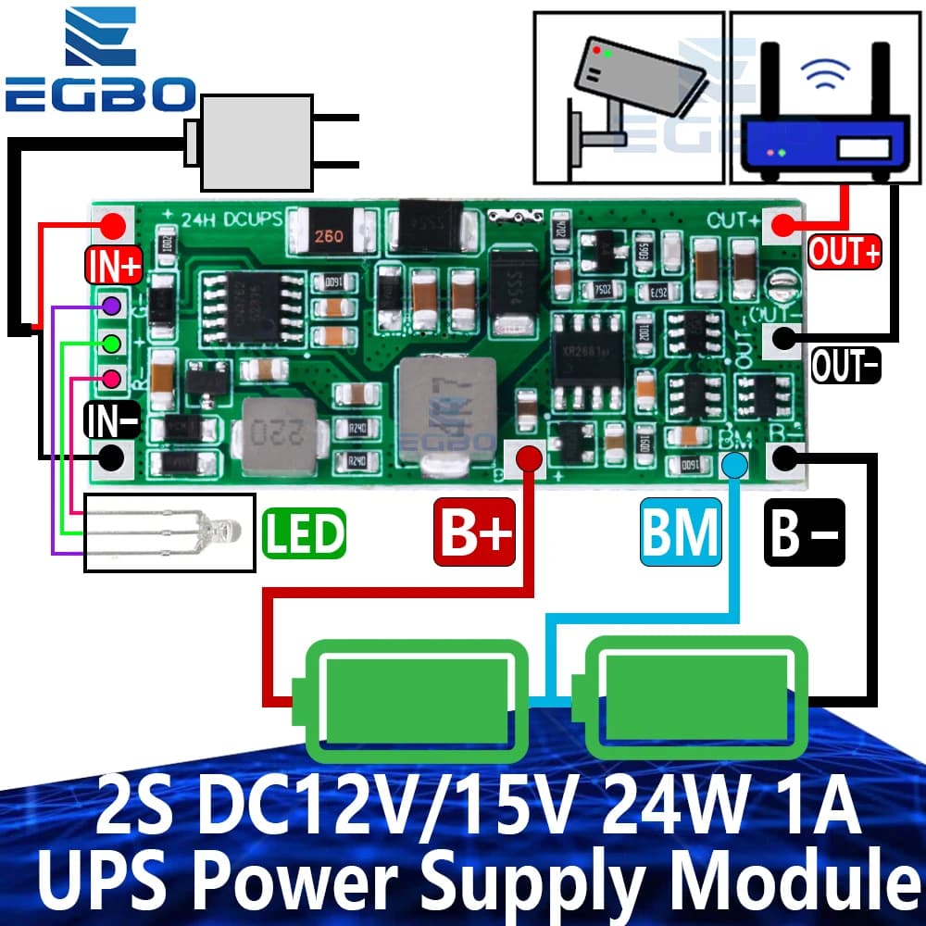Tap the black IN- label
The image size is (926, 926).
click(113, 421)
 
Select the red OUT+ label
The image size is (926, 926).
click(845, 251)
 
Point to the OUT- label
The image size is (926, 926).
click(845, 365)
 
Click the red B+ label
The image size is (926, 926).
click(475, 532)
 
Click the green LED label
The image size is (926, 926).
click(304, 532)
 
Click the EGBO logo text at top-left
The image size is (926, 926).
click(99, 94)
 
